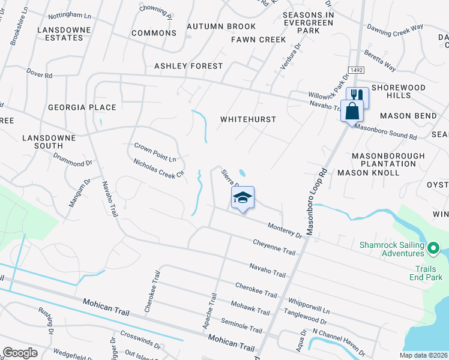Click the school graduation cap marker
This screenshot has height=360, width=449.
pyautogui.click(x=243, y=198)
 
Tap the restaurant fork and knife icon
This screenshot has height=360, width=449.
pyautogui.click(x=357, y=96)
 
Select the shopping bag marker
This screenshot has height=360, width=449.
pyautogui.click(x=352, y=111)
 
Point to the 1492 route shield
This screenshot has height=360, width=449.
pyautogui.click(x=355, y=70)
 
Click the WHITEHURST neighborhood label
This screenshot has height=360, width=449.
pyautogui.click(x=248, y=119)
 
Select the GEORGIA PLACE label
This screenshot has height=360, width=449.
pyautogui.click(x=82, y=107)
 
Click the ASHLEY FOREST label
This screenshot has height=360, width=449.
pyautogui.click(x=188, y=66)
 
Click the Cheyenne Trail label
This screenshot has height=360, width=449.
pyautogui.click(x=274, y=248)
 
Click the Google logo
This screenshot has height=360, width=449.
pyautogui.click(x=19, y=353)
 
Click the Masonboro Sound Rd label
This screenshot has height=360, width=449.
pyautogui.click(x=385, y=132)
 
